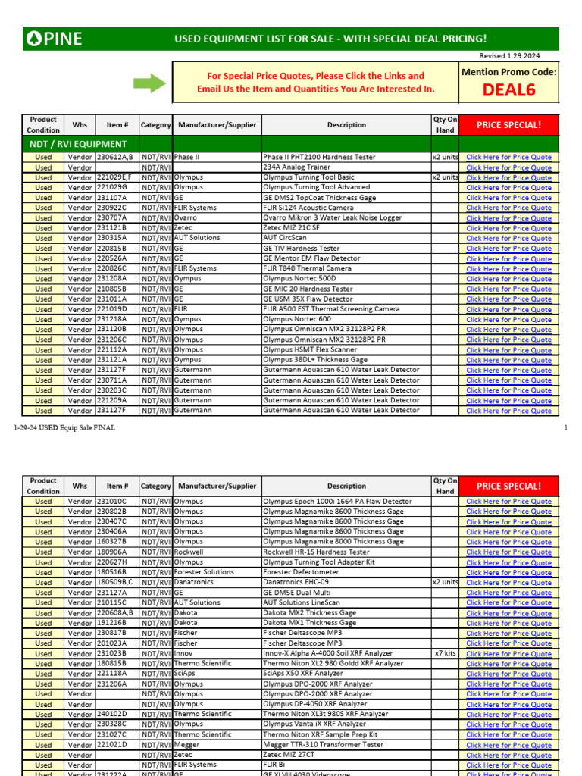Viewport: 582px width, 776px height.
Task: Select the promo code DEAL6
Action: tap(508, 91)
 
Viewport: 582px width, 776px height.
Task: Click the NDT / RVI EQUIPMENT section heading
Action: tap(78, 144)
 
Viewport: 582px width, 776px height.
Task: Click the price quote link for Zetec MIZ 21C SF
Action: tap(508, 228)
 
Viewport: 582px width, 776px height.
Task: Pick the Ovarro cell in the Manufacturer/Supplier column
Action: tap(189, 217)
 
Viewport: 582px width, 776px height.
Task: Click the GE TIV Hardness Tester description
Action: tap(301, 248)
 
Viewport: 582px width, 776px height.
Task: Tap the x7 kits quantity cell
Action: tap(445, 653)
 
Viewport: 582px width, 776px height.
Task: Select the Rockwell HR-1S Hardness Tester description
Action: tap(316, 552)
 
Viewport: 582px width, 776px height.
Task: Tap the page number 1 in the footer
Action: tap(565, 428)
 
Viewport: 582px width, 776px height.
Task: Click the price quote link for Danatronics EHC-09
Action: tap(508, 583)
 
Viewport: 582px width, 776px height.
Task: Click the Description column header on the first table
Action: tap(346, 124)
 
